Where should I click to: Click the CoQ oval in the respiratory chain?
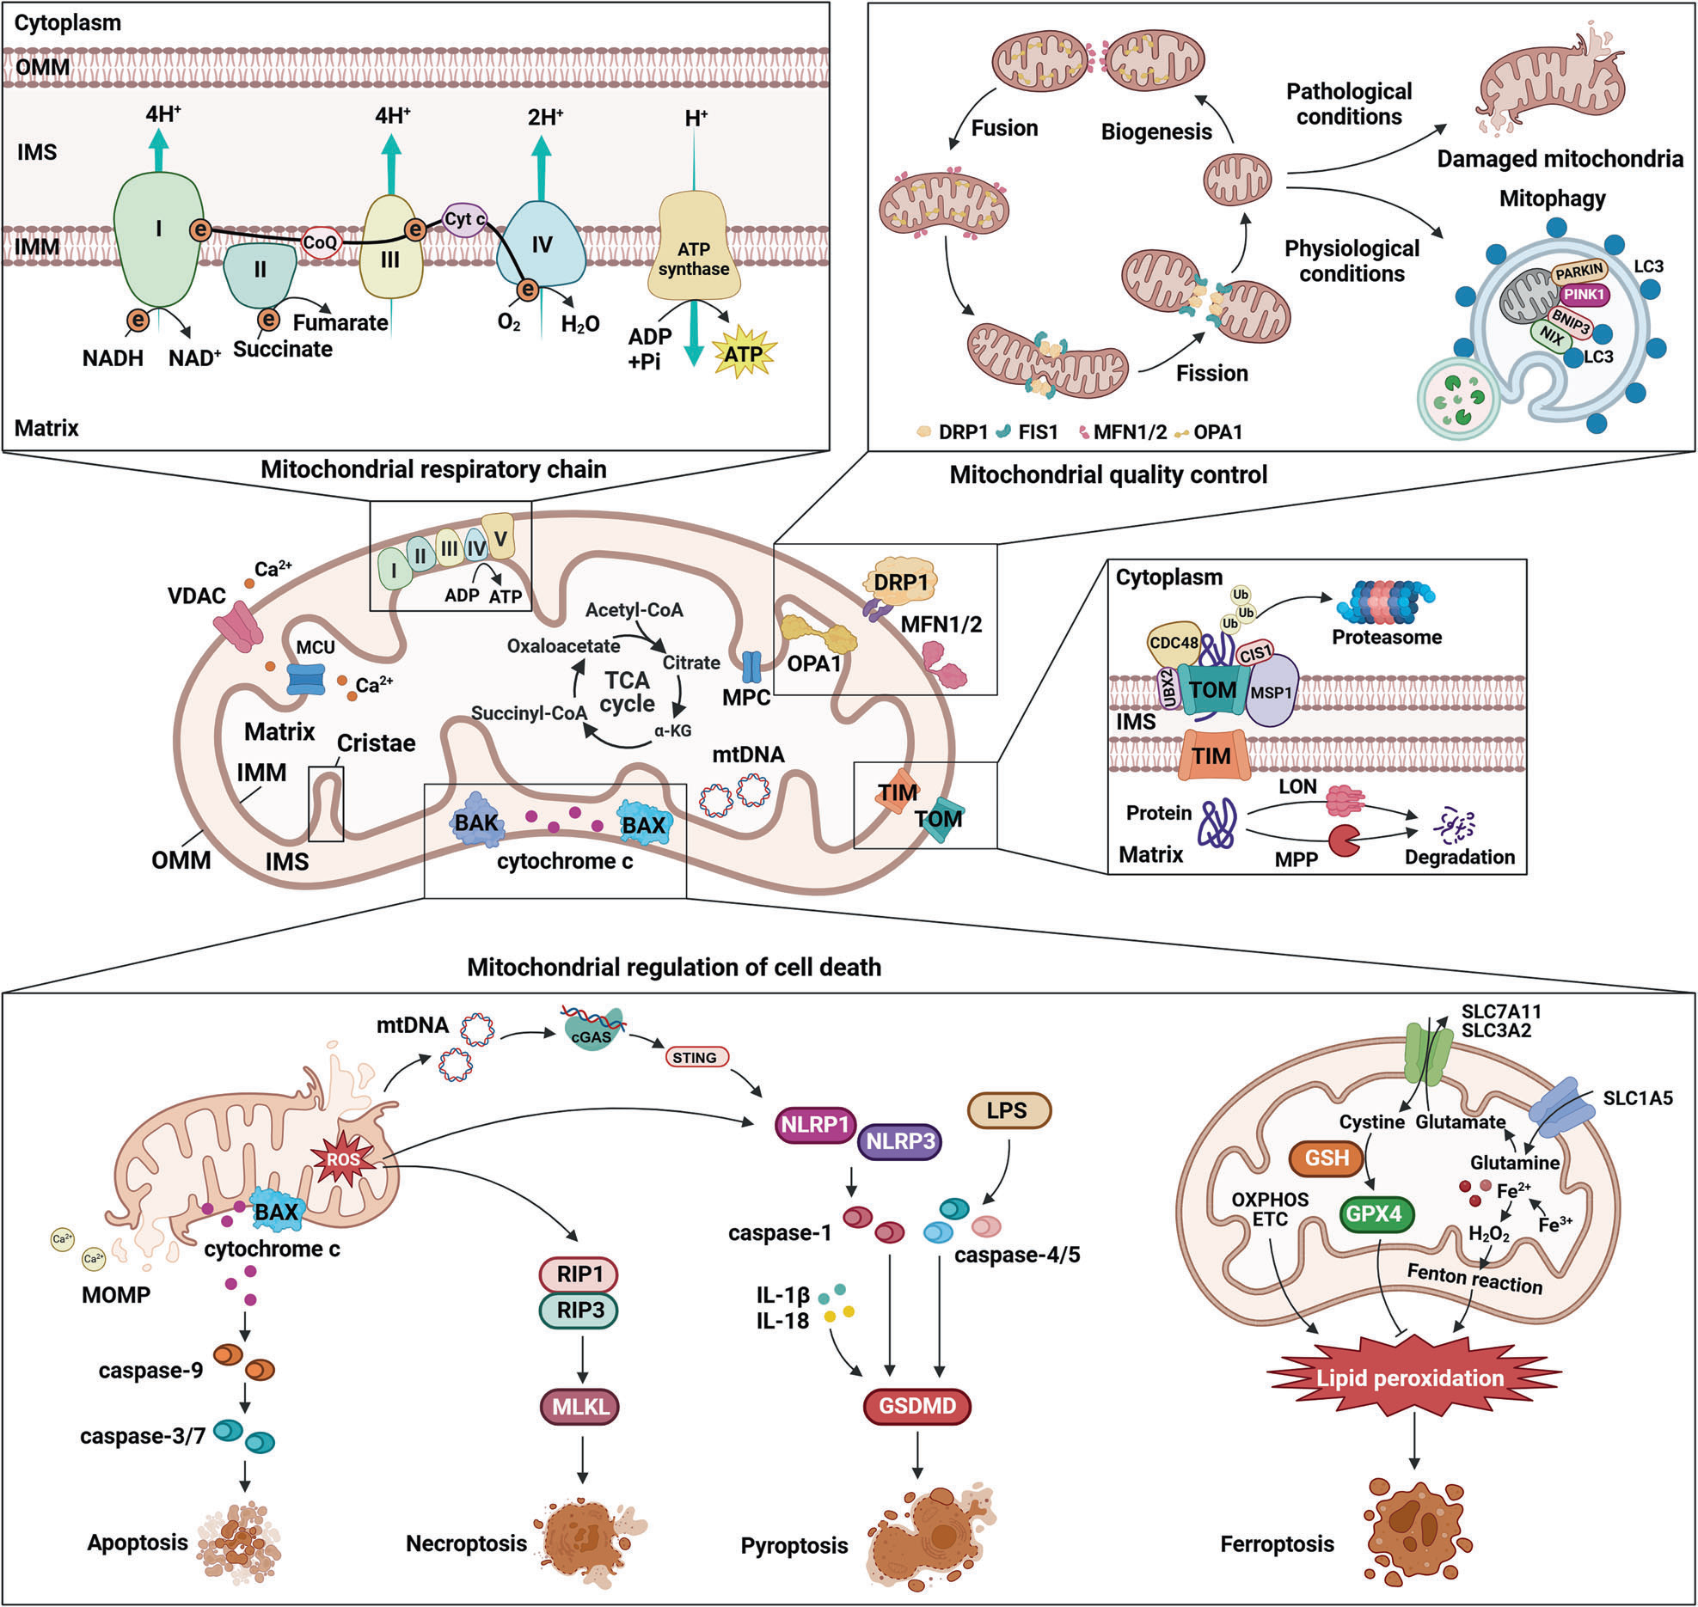click(320, 242)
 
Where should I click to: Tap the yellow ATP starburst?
click(744, 353)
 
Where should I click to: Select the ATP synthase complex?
click(693, 258)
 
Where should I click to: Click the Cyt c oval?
click(464, 219)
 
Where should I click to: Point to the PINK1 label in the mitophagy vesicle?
click(1584, 294)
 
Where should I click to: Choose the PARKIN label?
click(1578, 272)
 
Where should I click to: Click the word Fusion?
click(1004, 128)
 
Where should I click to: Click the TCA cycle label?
click(627, 692)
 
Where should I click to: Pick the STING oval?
click(695, 1057)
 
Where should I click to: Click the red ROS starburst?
click(344, 1159)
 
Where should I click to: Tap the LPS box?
click(1008, 1110)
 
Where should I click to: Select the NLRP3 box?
click(899, 1141)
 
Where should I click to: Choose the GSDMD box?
click(916, 1406)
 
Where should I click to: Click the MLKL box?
click(580, 1407)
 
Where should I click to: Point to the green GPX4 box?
click(1374, 1213)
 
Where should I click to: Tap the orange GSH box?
click(1327, 1158)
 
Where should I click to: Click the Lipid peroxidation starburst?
click(1410, 1378)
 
